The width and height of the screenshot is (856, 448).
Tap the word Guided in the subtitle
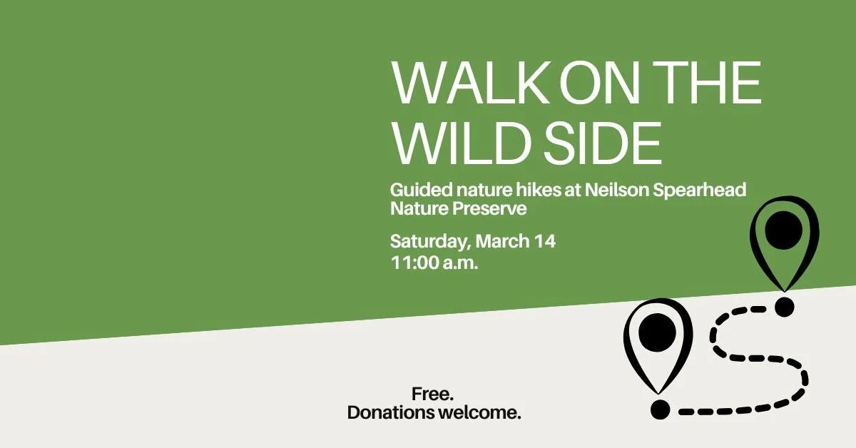(414, 191)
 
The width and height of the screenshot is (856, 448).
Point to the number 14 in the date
(544, 241)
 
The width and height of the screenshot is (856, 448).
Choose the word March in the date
(502, 241)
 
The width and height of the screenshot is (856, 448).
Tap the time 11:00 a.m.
(434, 262)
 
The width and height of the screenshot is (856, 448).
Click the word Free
(433, 394)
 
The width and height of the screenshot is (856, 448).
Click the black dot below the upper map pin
(785, 307)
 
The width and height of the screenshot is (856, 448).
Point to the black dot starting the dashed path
(661, 410)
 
